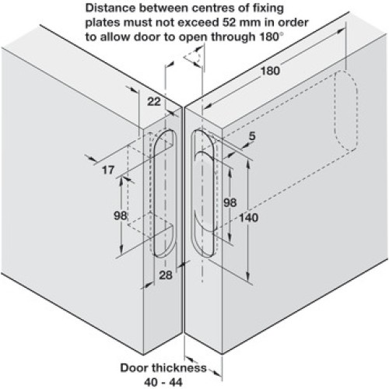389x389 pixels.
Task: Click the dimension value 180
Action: coord(270,71)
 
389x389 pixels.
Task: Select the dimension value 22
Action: coord(154,102)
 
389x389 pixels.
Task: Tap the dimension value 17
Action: coord(108,170)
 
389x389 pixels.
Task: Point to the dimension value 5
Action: coord(252,136)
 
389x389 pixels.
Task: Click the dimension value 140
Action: coord(248,218)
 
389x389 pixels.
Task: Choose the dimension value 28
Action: coord(166,275)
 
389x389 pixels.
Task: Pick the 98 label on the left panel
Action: coord(121,216)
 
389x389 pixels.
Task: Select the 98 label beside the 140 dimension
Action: coord(230,202)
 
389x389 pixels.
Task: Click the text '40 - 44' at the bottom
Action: coord(163,382)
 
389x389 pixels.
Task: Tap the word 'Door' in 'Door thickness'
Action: coord(135,368)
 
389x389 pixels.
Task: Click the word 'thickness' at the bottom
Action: coord(179,368)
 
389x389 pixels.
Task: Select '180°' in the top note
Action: coord(270,37)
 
